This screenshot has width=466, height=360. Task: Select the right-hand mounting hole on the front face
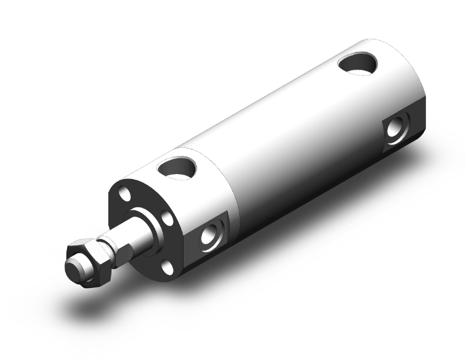168,219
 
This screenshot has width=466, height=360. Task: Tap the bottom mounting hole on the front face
166,267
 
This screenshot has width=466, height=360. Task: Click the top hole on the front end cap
177,167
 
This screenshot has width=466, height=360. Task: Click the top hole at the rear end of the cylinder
358,64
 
